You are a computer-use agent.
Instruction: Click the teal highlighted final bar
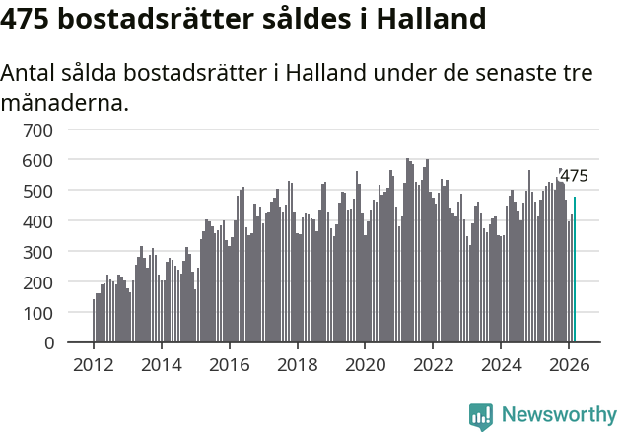pos(575,270)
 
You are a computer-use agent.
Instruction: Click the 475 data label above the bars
pos(574,177)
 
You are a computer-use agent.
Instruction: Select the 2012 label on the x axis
pos(94,364)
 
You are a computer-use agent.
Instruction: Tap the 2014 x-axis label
pos(162,364)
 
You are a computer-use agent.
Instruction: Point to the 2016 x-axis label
pos(230,364)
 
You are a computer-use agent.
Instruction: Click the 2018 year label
pos(297,364)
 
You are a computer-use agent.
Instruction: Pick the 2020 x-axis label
pos(365,364)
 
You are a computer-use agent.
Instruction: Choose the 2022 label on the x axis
pos(433,364)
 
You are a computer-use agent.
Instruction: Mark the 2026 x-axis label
pos(569,364)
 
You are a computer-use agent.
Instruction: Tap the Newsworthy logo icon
pos(481,416)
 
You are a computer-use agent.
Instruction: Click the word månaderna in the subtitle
pos(65,102)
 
